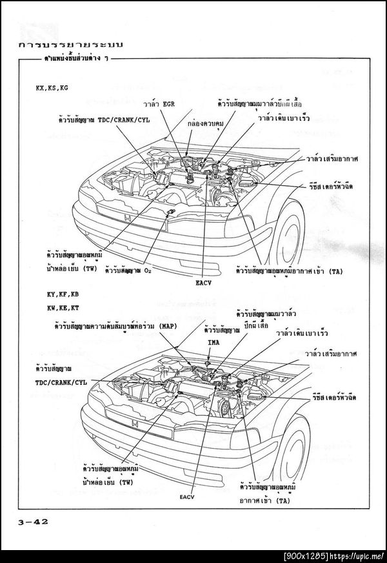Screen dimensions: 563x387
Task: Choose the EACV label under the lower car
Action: click(x=187, y=497)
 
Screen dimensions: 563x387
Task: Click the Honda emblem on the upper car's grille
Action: click(x=129, y=220)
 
